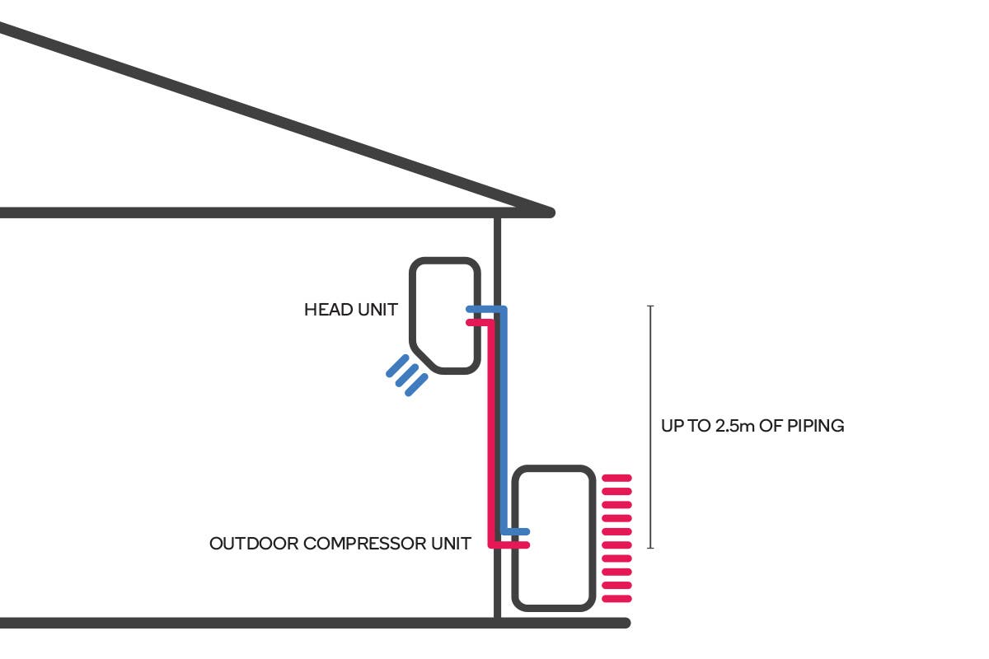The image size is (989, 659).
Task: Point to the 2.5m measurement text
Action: click(x=721, y=427)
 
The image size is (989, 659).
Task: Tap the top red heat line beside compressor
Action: click(x=617, y=478)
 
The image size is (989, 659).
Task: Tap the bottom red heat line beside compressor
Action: click(x=617, y=598)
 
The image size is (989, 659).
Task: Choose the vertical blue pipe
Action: click(x=504, y=420)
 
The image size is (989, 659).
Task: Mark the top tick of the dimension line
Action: click(x=651, y=306)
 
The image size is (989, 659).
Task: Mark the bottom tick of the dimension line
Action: click(x=651, y=547)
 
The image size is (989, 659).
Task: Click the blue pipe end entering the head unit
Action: click(x=471, y=310)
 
